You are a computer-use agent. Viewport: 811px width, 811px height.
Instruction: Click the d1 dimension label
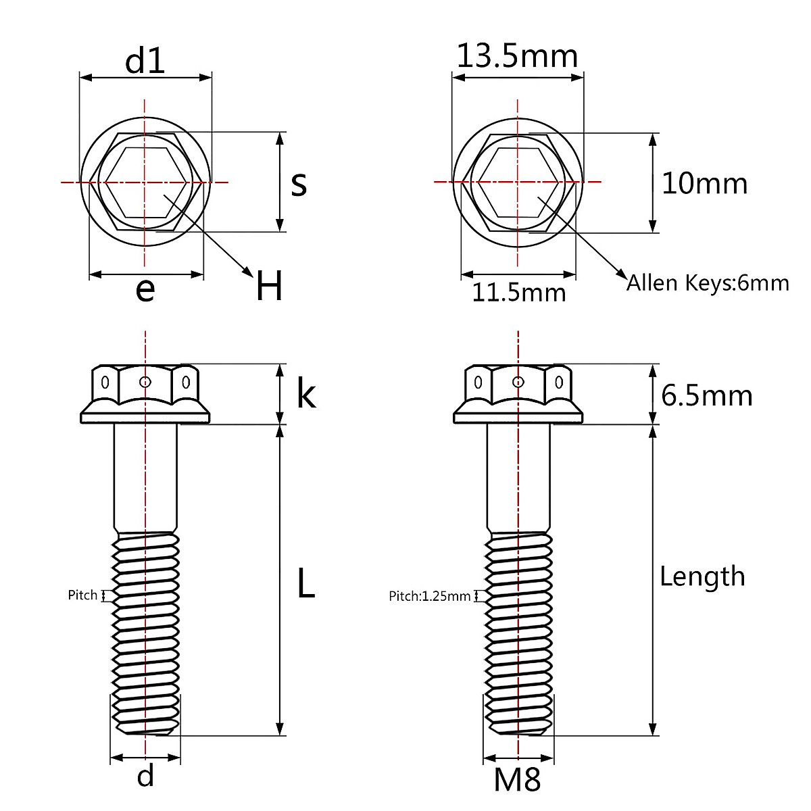[145, 62]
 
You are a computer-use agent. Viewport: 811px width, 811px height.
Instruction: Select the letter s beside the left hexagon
[299, 184]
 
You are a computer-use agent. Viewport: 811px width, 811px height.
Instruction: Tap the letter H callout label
[269, 286]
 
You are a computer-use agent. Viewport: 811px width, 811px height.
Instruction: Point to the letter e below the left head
[145, 289]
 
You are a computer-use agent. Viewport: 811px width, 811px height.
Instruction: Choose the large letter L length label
[305, 583]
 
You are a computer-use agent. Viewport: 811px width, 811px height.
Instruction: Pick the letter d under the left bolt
[145, 775]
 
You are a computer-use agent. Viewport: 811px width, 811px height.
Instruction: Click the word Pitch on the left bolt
[82, 595]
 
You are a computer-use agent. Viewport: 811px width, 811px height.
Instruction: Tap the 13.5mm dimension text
[517, 56]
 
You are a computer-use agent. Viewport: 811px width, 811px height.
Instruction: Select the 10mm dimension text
[704, 184]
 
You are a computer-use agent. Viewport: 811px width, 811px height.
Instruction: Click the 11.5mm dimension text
[518, 293]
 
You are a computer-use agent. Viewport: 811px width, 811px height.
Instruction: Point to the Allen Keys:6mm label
[708, 282]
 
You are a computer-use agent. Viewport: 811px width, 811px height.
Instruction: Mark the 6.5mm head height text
[706, 395]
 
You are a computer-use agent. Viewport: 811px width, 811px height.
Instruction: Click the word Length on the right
[702, 576]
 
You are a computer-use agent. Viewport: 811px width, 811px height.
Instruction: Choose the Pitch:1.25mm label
[429, 596]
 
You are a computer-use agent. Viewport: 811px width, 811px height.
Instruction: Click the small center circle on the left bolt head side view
[145, 382]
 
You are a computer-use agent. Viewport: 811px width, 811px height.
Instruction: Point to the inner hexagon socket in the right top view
[518, 181]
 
